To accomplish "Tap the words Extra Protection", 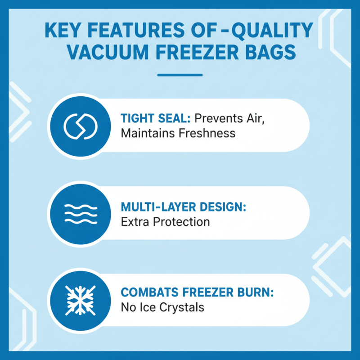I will [x=165, y=222].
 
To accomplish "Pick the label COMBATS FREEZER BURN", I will [x=197, y=292].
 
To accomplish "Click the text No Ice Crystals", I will [x=162, y=308].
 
